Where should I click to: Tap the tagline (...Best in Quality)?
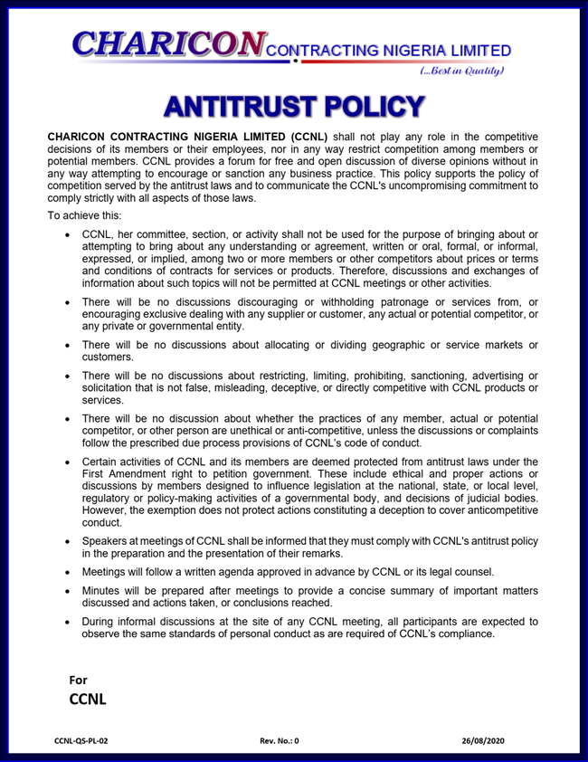click(x=464, y=71)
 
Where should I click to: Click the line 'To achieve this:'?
click(x=90, y=216)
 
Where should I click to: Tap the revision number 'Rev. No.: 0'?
click(x=279, y=740)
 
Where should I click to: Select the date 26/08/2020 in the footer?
click(x=483, y=740)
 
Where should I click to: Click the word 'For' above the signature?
click(x=79, y=680)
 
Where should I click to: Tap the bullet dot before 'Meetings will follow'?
click(x=70, y=573)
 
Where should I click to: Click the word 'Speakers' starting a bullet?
click(x=107, y=541)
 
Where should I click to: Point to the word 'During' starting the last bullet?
click(x=101, y=622)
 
